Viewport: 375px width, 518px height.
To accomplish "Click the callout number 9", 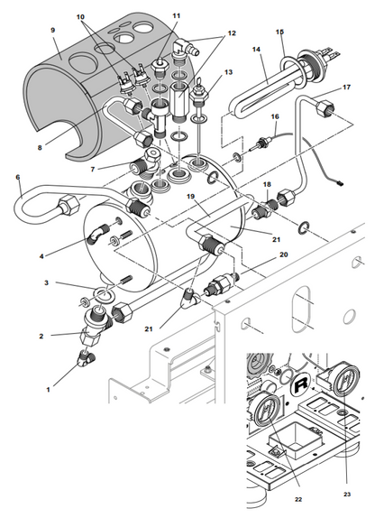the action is point(53,30).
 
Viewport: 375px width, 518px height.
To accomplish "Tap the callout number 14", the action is point(256,50).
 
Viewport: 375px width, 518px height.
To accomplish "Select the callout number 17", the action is point(346,88).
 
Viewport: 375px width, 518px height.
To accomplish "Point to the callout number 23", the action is point(347,495).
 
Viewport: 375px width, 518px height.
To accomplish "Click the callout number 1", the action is point(48,390).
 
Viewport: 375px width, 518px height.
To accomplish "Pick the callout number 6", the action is point(18,178).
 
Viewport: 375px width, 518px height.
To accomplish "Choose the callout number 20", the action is point(284,254).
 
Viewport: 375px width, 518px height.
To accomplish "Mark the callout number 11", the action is point(177,16).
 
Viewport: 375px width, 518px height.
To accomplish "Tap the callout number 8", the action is point(40,148).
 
